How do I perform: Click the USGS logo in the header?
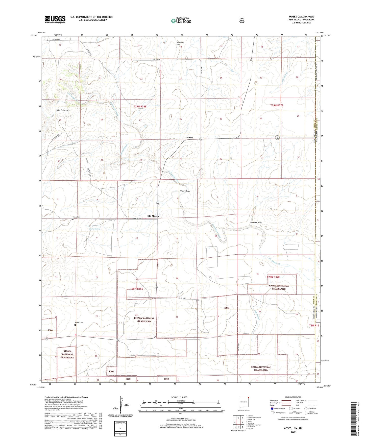pyautogui.click(x=55, y=19)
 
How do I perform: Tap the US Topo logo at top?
pyautogui.click(x=181, y=20)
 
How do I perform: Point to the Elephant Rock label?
pyautogui.click(x=63, y=110)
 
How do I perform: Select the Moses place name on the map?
pyautogui.click(x=190, y=138)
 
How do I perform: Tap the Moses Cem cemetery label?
pyautogui.click(x=76, y=217)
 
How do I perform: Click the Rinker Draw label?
pyautogui.click(x=185, y=191)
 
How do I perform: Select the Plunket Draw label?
pyautogui.click(x=256, y=223)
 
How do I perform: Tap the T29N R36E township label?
pyautogui.click(x=140, y=107)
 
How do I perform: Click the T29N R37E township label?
pyautogui.click(x=277, y=105)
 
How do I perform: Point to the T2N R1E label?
pyautogui.click(x=314, y=326)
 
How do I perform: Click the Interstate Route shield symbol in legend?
pyautogui.click(x=272, y=408)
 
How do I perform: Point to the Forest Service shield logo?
pyautogui.click(x=242, y=20)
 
